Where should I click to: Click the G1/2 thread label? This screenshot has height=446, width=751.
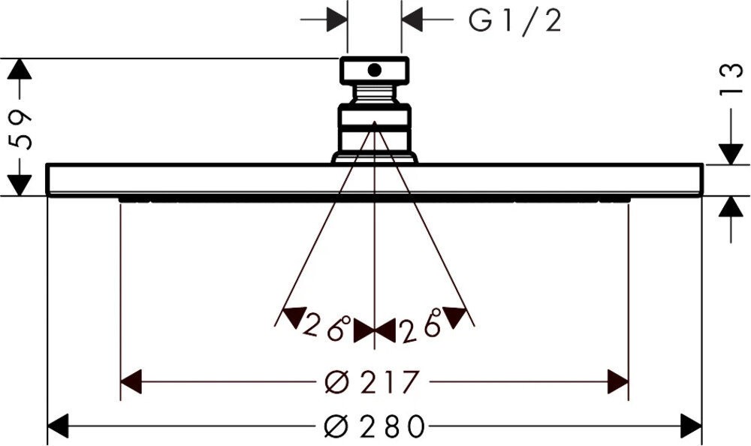point(514,22)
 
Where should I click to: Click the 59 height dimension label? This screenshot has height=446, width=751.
point(20,130)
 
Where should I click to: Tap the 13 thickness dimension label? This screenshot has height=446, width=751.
point(731,80)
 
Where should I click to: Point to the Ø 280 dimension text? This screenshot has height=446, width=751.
point(375,426)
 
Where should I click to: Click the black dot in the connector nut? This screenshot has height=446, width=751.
point(375,71)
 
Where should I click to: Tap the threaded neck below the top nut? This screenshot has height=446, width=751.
point(375,94)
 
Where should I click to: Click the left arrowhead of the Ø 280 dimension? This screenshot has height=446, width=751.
point(58,426)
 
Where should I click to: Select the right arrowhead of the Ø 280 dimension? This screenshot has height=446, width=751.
point(691,426)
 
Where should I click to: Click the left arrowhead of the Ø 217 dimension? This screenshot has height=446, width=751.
point(131,382)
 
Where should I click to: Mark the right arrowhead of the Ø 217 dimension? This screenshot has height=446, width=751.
point(618,382)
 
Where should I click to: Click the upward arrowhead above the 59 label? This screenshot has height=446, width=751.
point(20,69)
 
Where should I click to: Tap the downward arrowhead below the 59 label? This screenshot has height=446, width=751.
point(20,185)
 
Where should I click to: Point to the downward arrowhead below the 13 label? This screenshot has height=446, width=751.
point(731,154)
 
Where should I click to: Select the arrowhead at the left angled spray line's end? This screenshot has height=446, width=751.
point(294,317)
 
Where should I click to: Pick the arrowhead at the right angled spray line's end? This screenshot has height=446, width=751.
point(454,317)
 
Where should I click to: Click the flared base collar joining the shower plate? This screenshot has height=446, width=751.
point(375,158)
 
